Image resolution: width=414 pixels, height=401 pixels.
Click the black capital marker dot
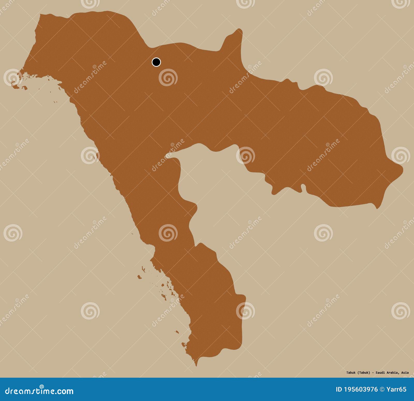[156, 62]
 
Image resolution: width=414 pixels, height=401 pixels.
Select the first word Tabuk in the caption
[351, 373]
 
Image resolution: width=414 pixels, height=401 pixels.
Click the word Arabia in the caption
[393, 373]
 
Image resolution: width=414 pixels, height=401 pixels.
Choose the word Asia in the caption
[405, 373]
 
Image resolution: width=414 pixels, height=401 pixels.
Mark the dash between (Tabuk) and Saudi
[373, 373]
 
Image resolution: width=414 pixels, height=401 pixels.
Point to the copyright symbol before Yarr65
[382, 389]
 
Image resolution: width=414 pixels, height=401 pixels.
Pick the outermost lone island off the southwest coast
[139, 277]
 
